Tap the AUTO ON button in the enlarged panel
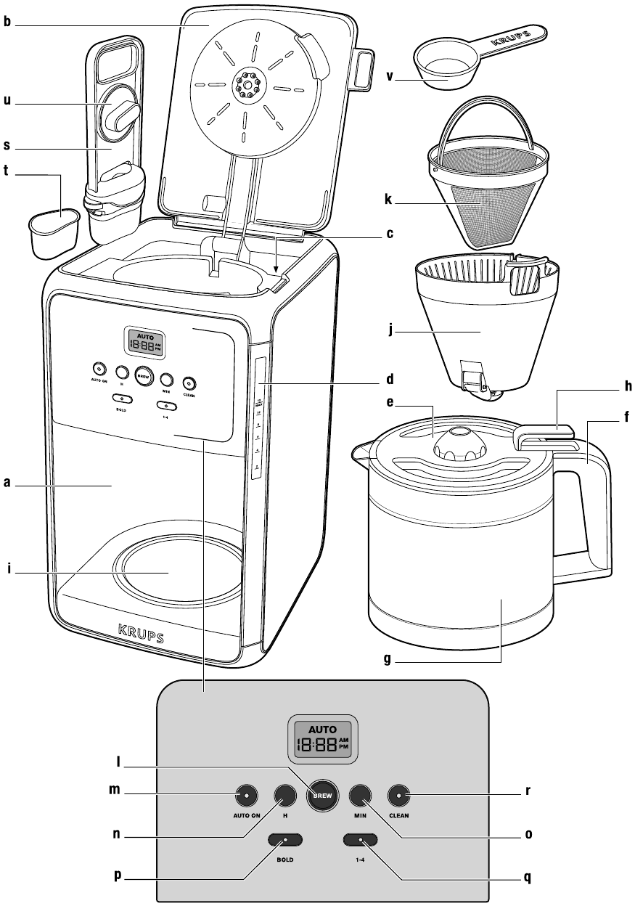coord(246,796)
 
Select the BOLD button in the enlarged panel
coord(285,840)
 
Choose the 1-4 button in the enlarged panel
coord(360,840)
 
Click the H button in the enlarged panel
coord(285,796)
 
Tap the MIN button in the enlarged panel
coord(360,796)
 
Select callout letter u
coord(7,102)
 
